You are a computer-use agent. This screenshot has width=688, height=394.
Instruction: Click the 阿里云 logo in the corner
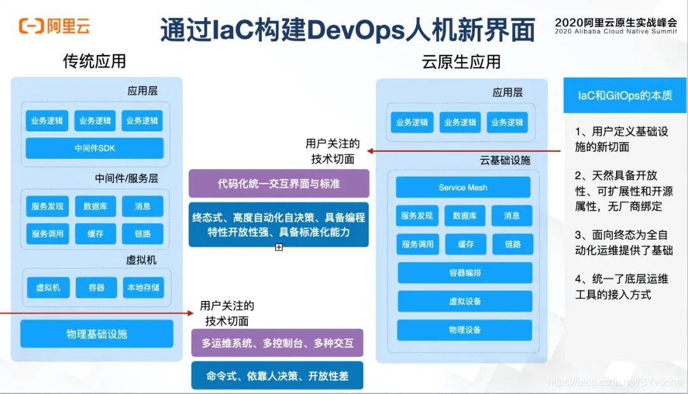[x=54, y=26]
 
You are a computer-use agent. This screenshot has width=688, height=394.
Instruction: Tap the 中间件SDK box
[x=94, y=148]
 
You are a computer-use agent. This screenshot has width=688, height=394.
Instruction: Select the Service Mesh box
[x=462, y=187]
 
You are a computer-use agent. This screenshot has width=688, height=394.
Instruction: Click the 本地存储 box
[x=143, y=288]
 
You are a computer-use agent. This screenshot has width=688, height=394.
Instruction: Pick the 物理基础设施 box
[x=97, y=333]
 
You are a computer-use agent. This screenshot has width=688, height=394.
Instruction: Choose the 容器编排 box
[x=464, y=273]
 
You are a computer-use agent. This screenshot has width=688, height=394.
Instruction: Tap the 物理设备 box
[x=464, y=330]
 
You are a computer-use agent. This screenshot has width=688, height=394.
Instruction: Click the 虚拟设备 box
[x=464, y=301]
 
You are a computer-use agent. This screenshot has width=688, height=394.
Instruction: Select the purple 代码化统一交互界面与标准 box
[x=278, y=184]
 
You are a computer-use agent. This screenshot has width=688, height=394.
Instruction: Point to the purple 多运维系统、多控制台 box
[x=277, y=343]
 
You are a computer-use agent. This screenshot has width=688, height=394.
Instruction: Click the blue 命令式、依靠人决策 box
[x=277, y=376]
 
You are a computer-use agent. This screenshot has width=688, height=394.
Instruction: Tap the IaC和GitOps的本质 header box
[x=624, y=96]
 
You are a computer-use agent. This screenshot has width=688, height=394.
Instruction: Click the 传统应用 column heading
[x=94, y=61]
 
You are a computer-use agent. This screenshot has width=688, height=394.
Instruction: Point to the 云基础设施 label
[x=505, y=160]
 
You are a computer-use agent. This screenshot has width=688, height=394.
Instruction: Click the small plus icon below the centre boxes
[x=279, y=247]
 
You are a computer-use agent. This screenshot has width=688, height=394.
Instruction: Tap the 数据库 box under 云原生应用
[x=465, y=216]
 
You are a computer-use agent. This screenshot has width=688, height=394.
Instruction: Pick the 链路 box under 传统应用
[x=143, y=234]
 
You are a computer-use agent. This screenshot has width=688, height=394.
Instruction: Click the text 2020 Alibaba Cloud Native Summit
[x=615, y=31]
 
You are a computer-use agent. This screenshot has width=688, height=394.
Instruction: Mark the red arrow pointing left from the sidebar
[x=465, y=151]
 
